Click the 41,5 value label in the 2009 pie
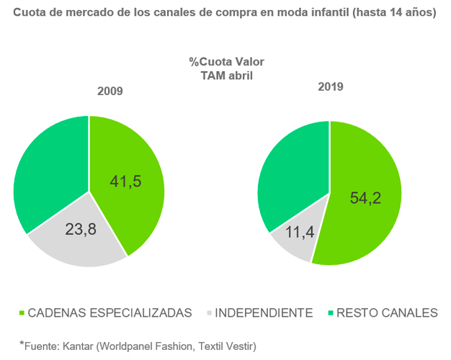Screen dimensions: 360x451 pos(125,181)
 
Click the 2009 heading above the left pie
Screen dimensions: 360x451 pos(110,91)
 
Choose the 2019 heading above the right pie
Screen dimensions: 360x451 pos(331,86)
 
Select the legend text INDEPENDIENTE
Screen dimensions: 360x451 pos(264,312)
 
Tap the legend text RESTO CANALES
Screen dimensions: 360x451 pos(388,312)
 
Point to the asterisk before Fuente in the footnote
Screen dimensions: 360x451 pos(22,344)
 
